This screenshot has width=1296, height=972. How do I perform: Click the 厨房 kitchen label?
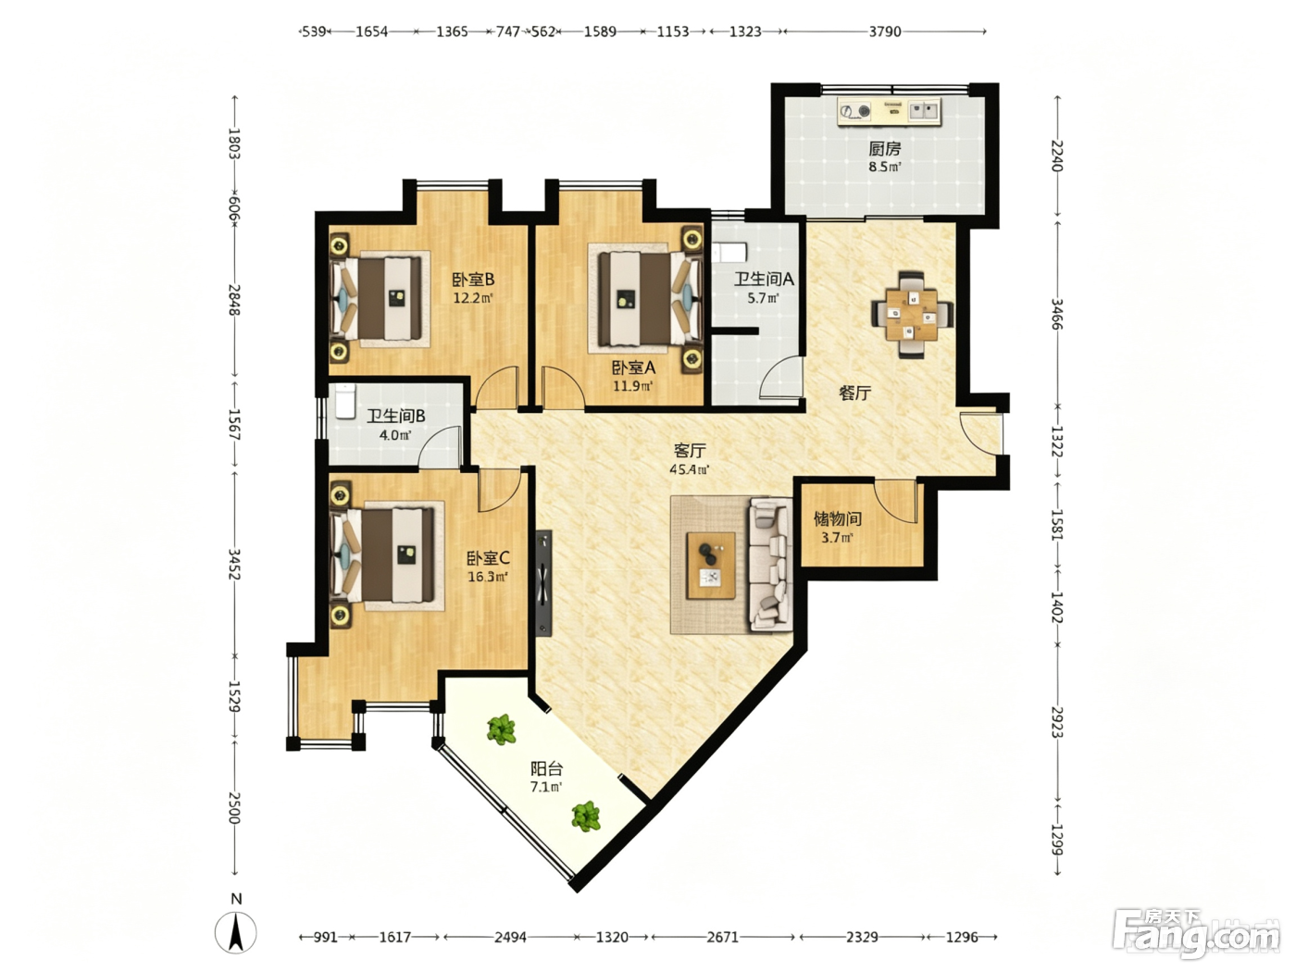[x=884, y=148]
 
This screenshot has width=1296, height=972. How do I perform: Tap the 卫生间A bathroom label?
[x=764, y=279]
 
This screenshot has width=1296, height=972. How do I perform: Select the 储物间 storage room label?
[x=837, y=518]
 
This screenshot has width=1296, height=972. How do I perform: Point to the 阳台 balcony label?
[x=546, y=768]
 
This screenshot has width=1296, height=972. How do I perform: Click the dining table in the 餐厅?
[x=912, y=315]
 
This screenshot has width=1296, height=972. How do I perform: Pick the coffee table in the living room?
[x=711, y=565]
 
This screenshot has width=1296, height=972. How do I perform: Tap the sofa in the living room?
[x=770, y=565]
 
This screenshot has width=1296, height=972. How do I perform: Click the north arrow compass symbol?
[x=235, y=932]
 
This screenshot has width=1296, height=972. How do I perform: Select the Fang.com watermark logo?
[x=1196, y=934]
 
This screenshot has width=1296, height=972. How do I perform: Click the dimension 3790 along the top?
[x=884, y=31]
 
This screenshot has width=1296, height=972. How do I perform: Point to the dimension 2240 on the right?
[x=1057, y=156]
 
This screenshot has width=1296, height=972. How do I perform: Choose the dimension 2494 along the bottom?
[x=510, y=937]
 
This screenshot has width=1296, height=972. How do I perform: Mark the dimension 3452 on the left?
[x=234, y=564]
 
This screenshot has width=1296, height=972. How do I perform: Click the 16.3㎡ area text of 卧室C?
[x=488, y=576]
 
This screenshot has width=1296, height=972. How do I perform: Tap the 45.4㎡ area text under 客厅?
[x=689, y=469]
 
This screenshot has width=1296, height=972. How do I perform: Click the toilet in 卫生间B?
[x=344, y=401]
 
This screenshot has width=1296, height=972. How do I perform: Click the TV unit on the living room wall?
[x=543, y=582]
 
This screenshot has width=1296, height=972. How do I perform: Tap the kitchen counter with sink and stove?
[x=890, y=110]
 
